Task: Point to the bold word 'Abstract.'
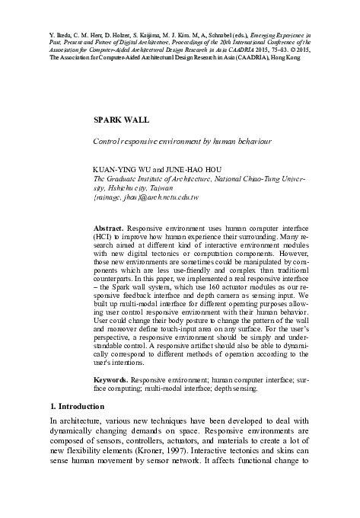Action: click(x=108, y=228)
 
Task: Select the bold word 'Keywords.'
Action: click(x=110, y=379)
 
